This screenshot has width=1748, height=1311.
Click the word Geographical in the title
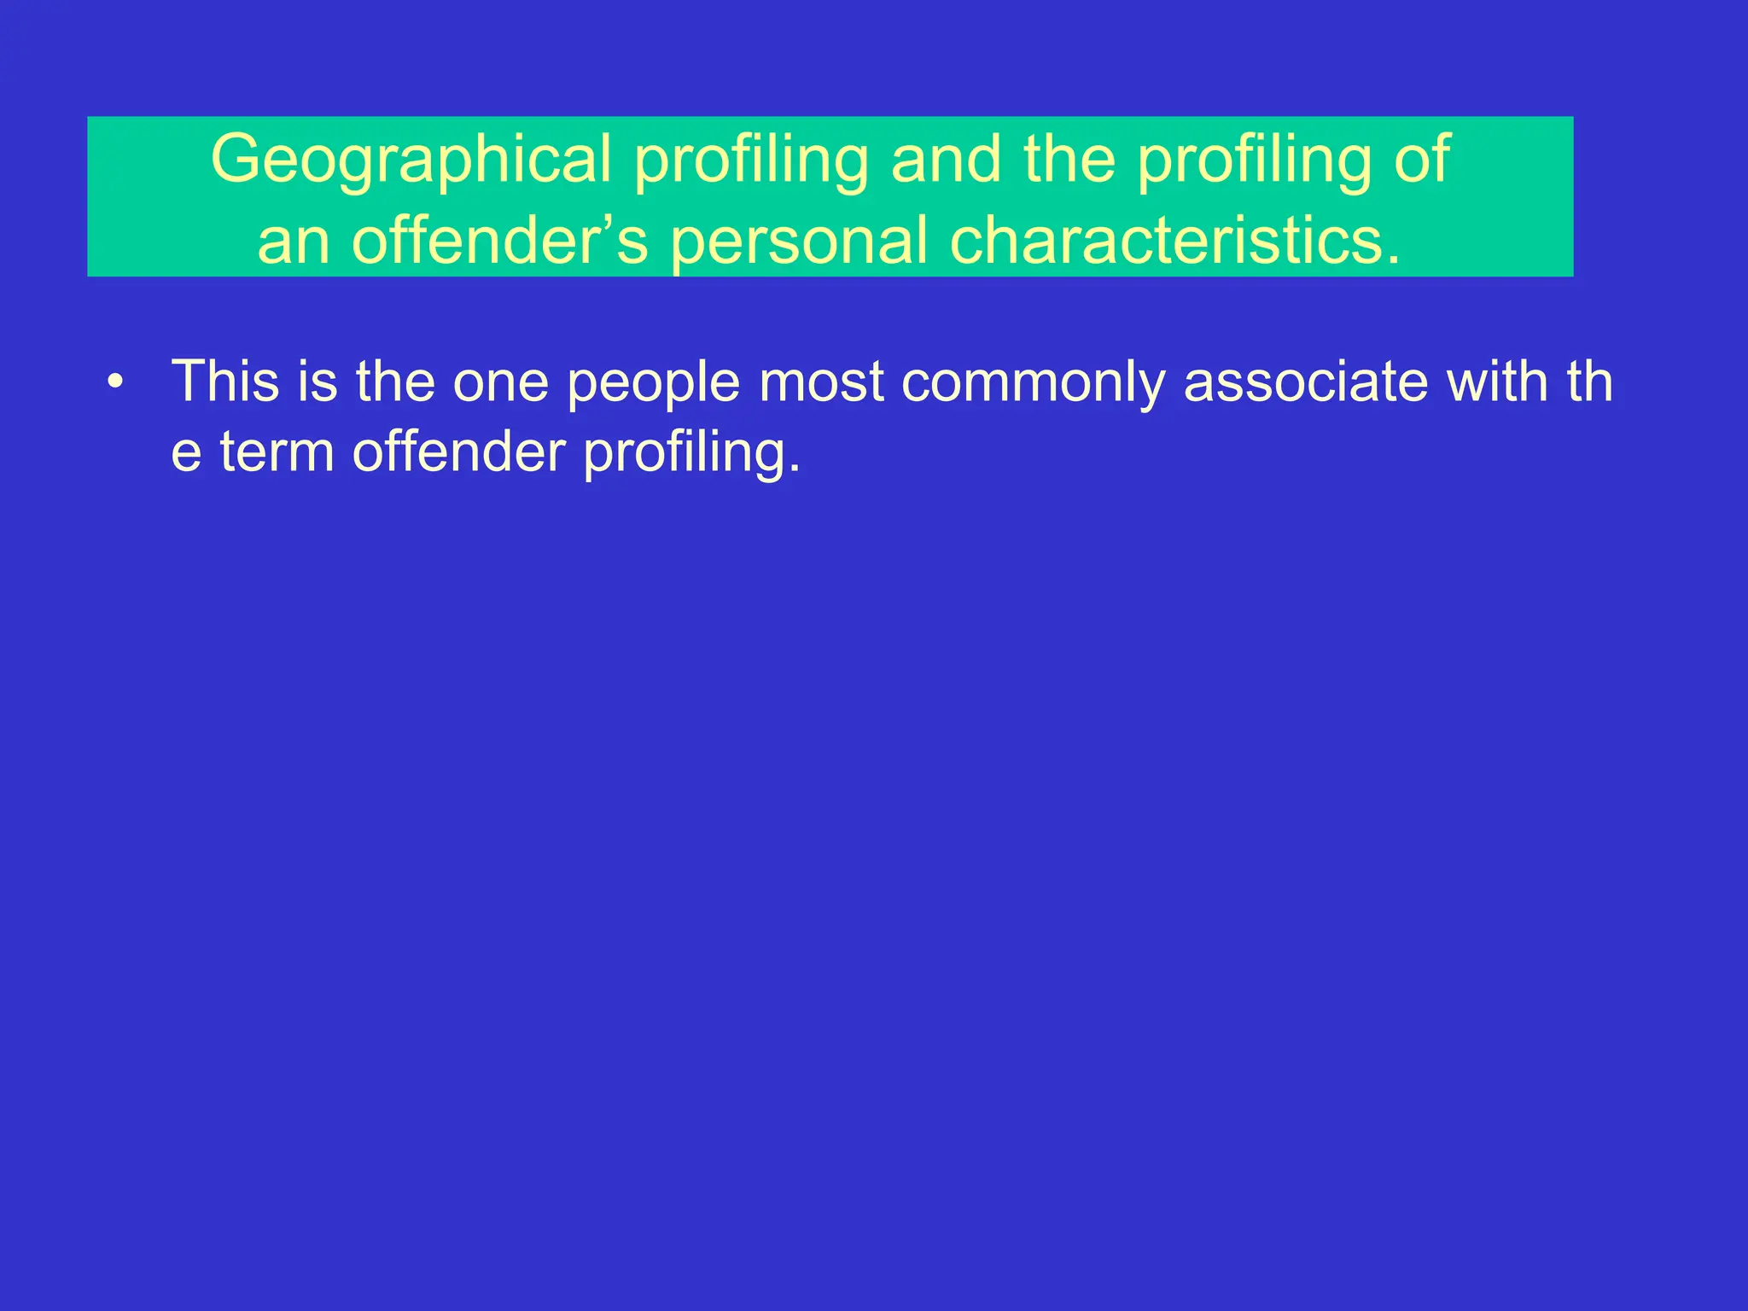click(x=411, y=159)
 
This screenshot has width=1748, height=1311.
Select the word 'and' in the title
click(x=946, y=159)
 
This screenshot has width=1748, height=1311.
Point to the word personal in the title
click(x=798, y=241)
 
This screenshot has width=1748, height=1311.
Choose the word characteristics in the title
click(x=1174, y=241)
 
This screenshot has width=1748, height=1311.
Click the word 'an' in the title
click(x=294, y=241)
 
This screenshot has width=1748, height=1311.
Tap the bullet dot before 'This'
click(x=115, y=382)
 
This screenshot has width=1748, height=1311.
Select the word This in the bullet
click(x=224, y=381)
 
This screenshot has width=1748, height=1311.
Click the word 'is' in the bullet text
click(x=317, y=381)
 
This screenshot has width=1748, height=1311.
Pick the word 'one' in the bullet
click(x=500, y=381)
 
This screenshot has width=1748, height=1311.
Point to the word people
click(x=653, y=381)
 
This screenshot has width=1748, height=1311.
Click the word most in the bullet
click(x=820, y=381)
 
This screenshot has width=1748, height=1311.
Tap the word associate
click(x=1305, y=381)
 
